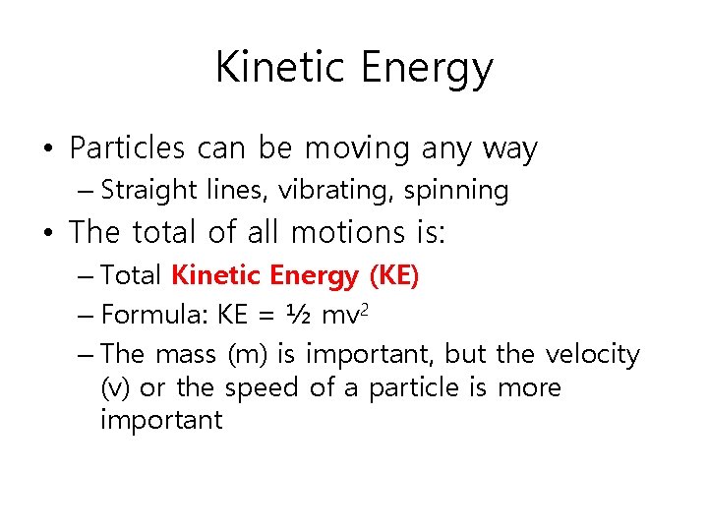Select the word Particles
pos(127,148)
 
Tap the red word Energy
pos(313,276)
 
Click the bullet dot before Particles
pos(47,150)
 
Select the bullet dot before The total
pos(47,233)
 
